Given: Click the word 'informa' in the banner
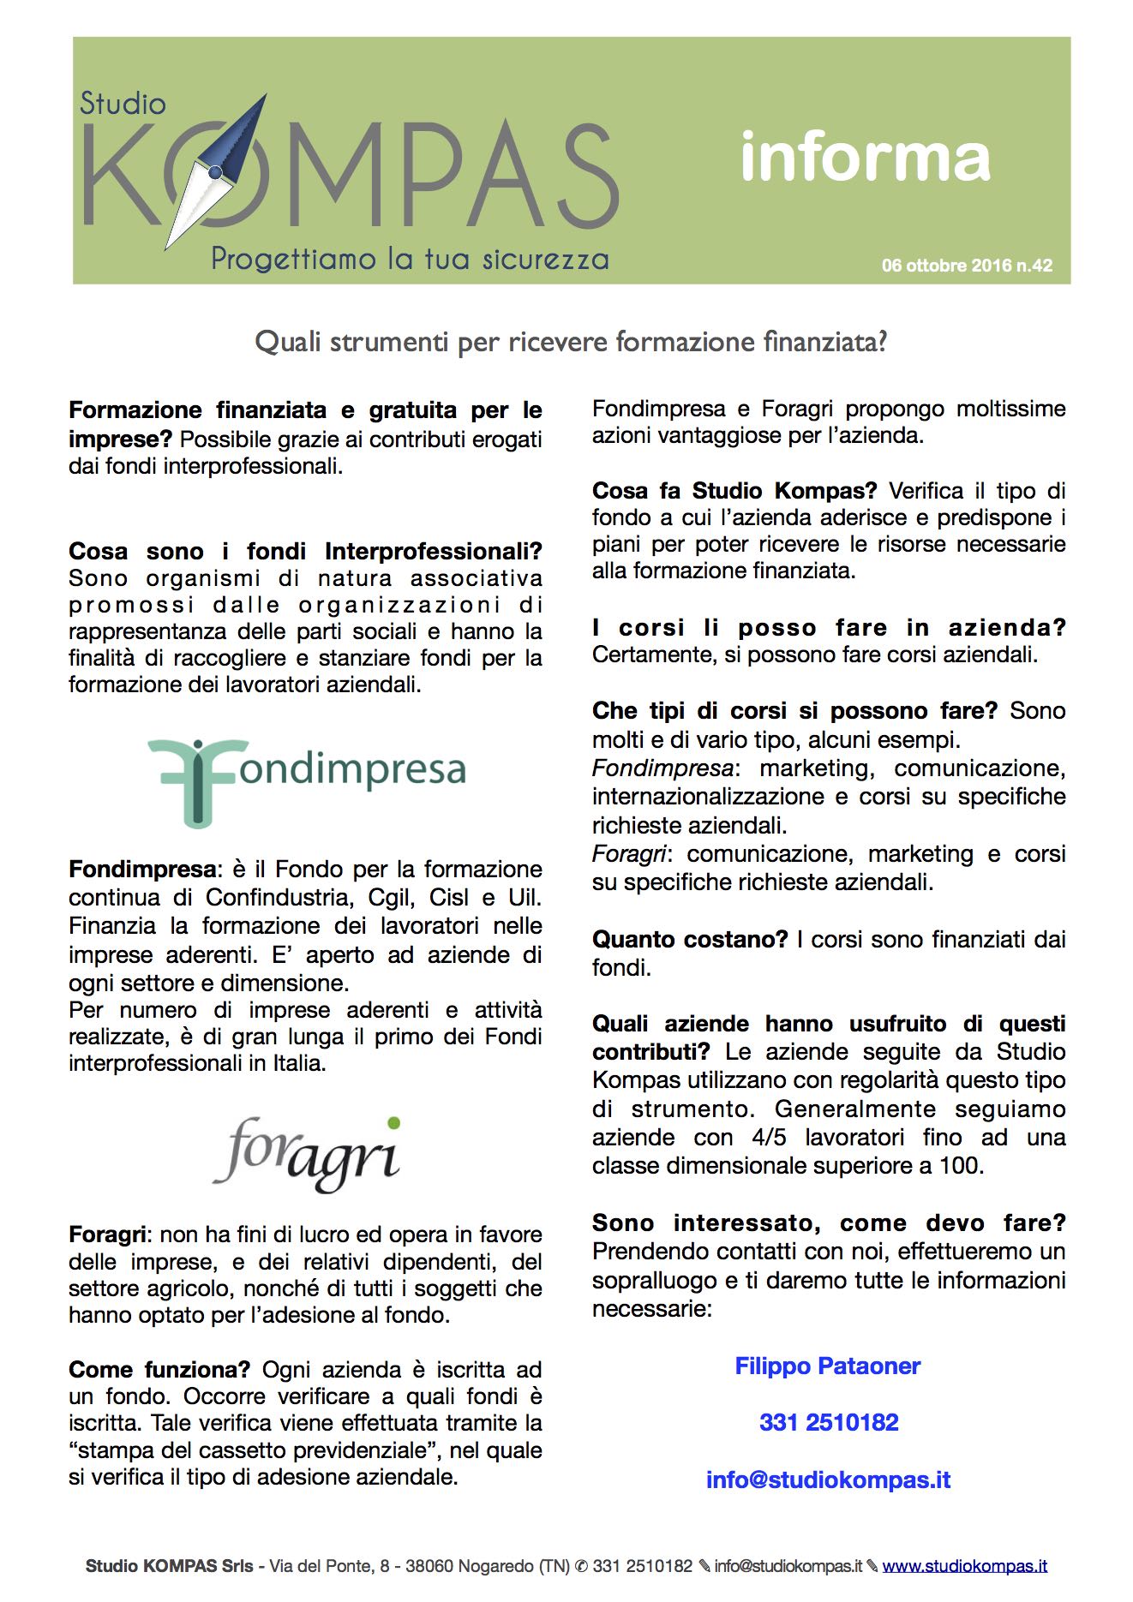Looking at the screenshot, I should pyautogui.click(x=865, y=158).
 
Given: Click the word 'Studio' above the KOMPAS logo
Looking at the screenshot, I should pyautogui.click(x=123, y=104).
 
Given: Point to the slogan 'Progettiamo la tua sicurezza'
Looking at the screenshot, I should pyautogui.click(x=410, y=259).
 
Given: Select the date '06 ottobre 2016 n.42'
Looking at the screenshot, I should pyautogui.click(x=967, y=266).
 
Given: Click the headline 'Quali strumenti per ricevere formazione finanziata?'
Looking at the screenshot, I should pyautogui.click(x=571, y=342).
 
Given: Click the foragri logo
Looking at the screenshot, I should pyautogui.click(x=307, y=1154).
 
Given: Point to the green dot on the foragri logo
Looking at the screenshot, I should pyautogui.click(x=393, y=1122).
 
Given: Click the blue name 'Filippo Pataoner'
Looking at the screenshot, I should pyautogui.click(x=828, y=1366).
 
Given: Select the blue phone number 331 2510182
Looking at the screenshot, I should pyautogui.click(x=829, y=1423).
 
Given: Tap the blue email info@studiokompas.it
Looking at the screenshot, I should pyautogui.click(x=828, y=1480).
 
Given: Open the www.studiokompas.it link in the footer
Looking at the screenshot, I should pyautogui.click(x=964, y=1566).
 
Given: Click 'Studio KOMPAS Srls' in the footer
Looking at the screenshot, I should pyautogui.click(x=170, y=1566).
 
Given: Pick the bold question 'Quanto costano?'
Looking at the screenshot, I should pyautogui.click(x=689, y=940).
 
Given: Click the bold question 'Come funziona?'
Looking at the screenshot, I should pyautogui.click(x=159, y=1370).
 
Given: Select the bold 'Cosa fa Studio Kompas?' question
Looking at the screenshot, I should pyautogui.click(x=734, y=491).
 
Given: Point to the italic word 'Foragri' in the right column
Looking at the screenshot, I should pyautogui.click(x=628, y=854).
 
